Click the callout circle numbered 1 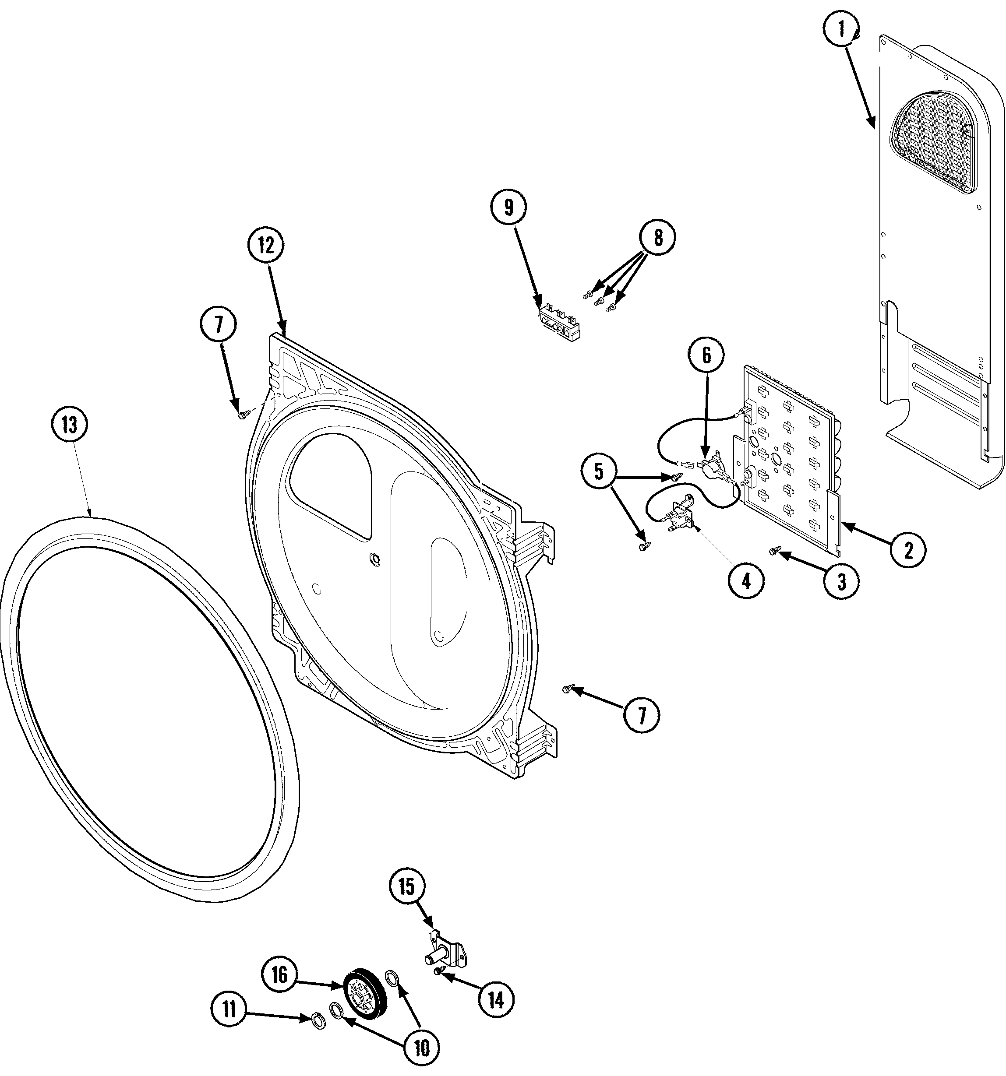coord(841,30)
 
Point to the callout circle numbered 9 coord(508,208)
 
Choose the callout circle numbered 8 coord(658,237)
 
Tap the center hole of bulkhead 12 coord(373,558)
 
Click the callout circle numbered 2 coord(908,550)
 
